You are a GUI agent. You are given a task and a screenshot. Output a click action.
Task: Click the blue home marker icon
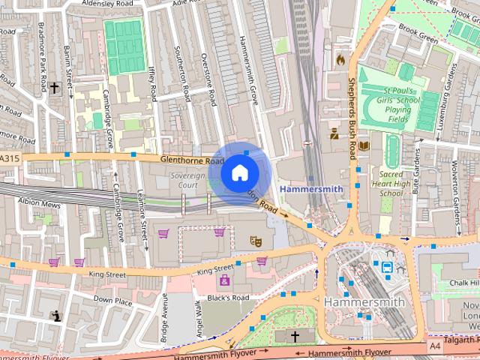click(239, 173)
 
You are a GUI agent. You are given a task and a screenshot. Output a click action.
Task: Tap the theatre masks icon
click(256, 241)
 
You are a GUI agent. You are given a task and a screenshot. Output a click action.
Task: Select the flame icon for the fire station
click(340, 58)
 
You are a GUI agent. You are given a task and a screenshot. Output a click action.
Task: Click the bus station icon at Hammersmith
click(387, 266)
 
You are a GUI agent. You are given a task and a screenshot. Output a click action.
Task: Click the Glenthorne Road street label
click(192, 160)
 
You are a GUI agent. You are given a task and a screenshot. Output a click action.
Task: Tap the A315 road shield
click(10, 158)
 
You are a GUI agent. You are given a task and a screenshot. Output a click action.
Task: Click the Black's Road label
click(227, 298)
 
